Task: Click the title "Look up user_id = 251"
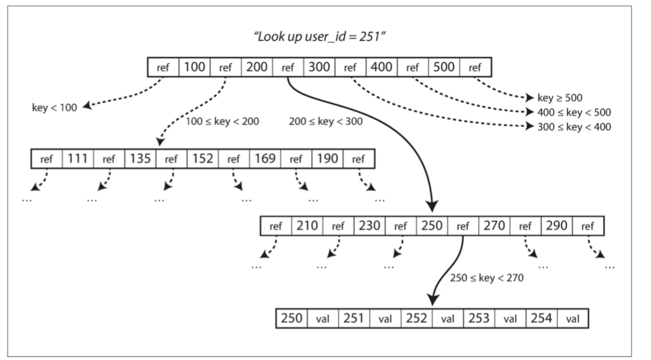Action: point(319,37)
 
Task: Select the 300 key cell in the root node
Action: point(319,67)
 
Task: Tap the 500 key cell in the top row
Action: point(444,67)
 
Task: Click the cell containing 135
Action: point(140,159)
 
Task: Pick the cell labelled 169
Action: point(265,159)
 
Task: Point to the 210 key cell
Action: point(307,226)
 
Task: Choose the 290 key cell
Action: point(557,226)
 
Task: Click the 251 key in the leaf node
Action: point(354,318)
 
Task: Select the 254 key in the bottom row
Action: point(541,318)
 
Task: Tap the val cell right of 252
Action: point(448,318)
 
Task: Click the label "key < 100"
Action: point(54,108)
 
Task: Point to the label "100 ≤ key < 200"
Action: point(222,121)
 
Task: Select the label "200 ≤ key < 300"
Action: point(326,121)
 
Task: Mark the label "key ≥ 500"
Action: point(560,98)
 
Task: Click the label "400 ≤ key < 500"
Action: point(574,112)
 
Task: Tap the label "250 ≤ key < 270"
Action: point(487,278)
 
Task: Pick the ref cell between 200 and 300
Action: point(288,67)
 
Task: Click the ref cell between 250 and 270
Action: point(463,226)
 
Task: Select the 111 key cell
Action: point(78,159)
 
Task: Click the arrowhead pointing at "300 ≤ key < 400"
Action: point(530,126)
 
